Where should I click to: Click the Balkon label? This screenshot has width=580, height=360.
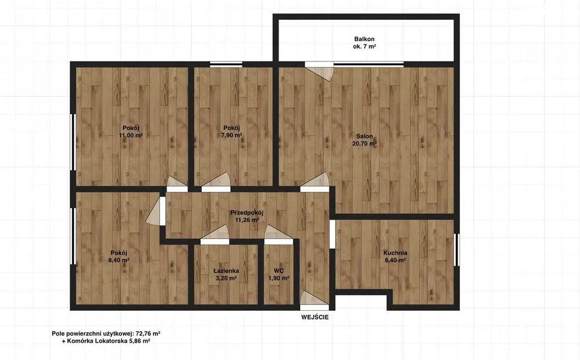[364, 39]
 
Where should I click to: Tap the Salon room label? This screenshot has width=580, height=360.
[365, 136]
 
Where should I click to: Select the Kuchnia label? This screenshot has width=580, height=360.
[396, 253]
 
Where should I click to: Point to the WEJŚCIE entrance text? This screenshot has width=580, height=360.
[315, 317]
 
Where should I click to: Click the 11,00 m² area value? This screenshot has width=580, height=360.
[131, 135]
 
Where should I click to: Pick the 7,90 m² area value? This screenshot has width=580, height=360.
[231, 135]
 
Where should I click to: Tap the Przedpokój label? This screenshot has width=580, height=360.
[246, 213]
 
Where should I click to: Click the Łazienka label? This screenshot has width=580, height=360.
[226, 271]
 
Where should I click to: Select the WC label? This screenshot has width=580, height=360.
[279, 271]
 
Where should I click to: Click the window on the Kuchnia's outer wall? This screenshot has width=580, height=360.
[456, 249]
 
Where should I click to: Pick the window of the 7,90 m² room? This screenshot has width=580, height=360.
[226, 64]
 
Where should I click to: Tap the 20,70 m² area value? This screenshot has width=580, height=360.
[365, 144]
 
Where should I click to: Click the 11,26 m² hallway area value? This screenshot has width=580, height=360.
[246, 220]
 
